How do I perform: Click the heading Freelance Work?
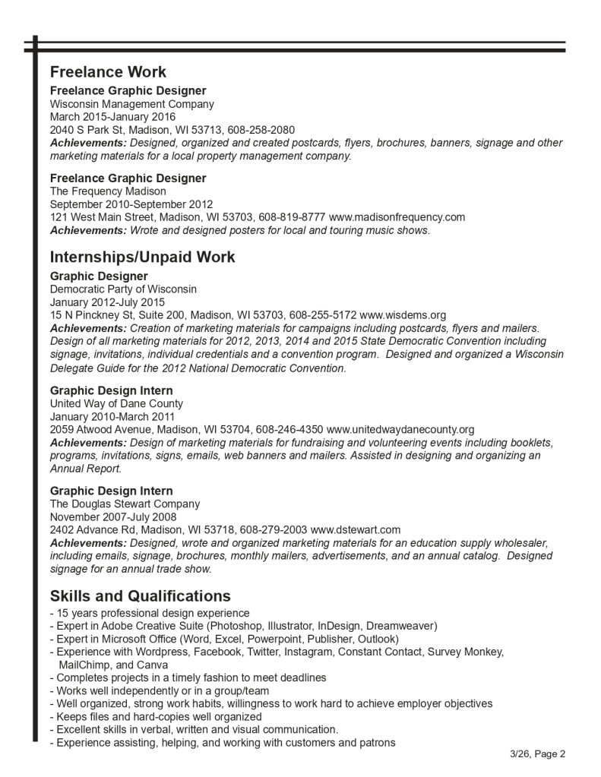tap(108, 73)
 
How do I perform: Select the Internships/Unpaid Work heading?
tap(142, 257)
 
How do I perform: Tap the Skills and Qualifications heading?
tap(140, 595)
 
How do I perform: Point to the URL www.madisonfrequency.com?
tap(397, 217)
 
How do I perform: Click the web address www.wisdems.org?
tap(403, 314)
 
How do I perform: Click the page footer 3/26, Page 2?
tap(538, 754)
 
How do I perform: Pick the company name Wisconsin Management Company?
tap(131, 104)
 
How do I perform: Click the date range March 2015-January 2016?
tap(112, 117)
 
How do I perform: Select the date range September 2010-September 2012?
tap(131, 204)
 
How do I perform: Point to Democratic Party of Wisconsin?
tap(123, 289)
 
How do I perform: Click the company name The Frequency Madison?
tap(108, 191)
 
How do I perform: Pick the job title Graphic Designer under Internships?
tap(99, 276)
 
